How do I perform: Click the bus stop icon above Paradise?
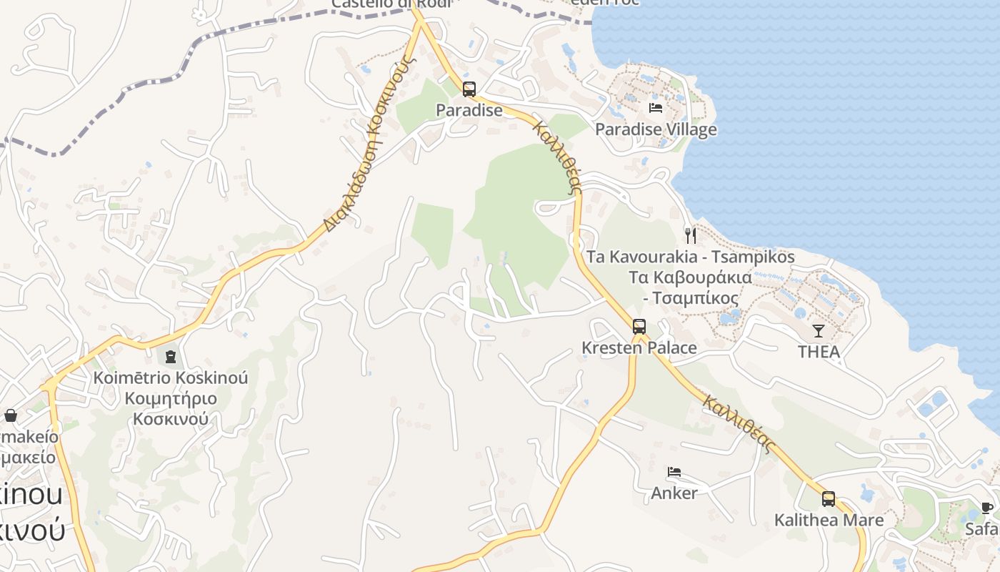click(x=469, y=89)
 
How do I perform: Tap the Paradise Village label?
click(x=656, y=129)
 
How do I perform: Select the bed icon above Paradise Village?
click(x=656, y=108)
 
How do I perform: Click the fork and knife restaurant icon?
click(x=691, y=235)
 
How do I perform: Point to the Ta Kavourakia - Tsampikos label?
click(x=690, y=257)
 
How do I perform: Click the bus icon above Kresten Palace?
click(x=639, y=327)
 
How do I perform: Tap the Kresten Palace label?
click(x=639, y=348)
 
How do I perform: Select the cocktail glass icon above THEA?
click(x=819, y=330)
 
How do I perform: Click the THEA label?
click(x=819, y=352)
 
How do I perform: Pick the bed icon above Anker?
click(x=674, y=472)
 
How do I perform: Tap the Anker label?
click(x=674, y=493)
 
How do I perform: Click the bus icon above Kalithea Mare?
click(x=829, y=498)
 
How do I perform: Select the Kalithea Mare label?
click(x=829, y=520)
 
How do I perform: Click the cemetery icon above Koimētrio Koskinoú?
click(x=171, y=356)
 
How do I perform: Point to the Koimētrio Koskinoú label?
click(x=171, y=378)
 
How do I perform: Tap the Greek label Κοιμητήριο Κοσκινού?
click(x=171, y=408)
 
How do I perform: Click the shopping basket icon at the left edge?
click(x=11, y=415)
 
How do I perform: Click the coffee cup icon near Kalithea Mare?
click(x=987, y=508)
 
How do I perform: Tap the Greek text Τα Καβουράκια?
click(x=690, y=277)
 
